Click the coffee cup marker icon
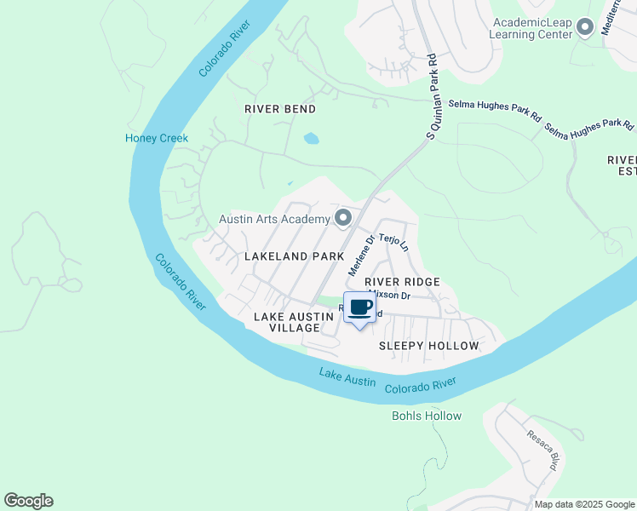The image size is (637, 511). click(359, 307)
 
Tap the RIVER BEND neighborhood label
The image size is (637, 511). click(280, 109)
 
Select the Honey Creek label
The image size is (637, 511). click(157, 138)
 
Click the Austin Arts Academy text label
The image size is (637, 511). click(274, 219)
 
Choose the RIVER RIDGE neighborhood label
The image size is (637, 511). click(402, 282)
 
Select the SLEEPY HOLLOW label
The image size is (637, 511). click(428, 346)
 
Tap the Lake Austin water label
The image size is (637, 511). click(347, 377)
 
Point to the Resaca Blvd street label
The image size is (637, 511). click(542, 450)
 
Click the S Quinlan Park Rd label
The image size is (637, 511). click(432, 96)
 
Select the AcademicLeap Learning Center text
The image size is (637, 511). click(531, 29)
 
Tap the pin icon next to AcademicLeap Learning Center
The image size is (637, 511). click(584, 28)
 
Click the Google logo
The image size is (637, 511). click(28, 501)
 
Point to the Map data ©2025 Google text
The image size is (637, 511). click(584, 504)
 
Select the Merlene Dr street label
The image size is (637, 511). click(361, 255)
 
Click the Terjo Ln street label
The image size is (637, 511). click(394, 242)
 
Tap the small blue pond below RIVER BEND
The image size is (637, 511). click(312, 138)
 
